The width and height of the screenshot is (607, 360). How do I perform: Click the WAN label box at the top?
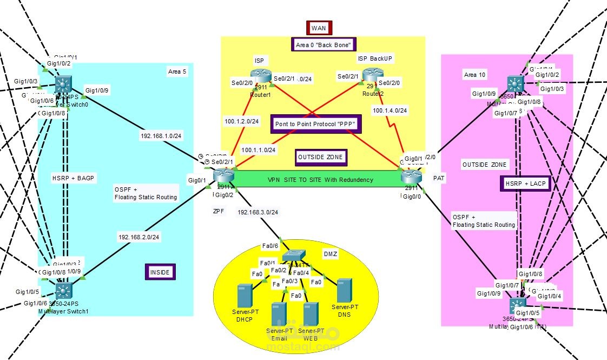point(319,28)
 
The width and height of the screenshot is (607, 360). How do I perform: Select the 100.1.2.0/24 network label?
point(242,121)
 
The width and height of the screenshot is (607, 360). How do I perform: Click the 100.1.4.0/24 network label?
point(390,110)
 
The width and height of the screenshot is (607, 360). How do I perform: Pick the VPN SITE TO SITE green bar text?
point(320,180)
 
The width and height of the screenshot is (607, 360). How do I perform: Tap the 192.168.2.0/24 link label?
point(138,237)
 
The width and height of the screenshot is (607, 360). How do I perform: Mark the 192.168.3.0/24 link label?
point(258,213)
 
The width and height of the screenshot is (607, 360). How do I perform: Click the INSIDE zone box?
point(161,272)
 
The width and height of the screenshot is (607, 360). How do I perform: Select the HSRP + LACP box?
point(524,184)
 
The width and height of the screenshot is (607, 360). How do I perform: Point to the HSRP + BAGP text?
point(74,178)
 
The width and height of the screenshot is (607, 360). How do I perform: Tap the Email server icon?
point(279,313)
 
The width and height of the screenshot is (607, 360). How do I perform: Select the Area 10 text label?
point(474,75)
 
